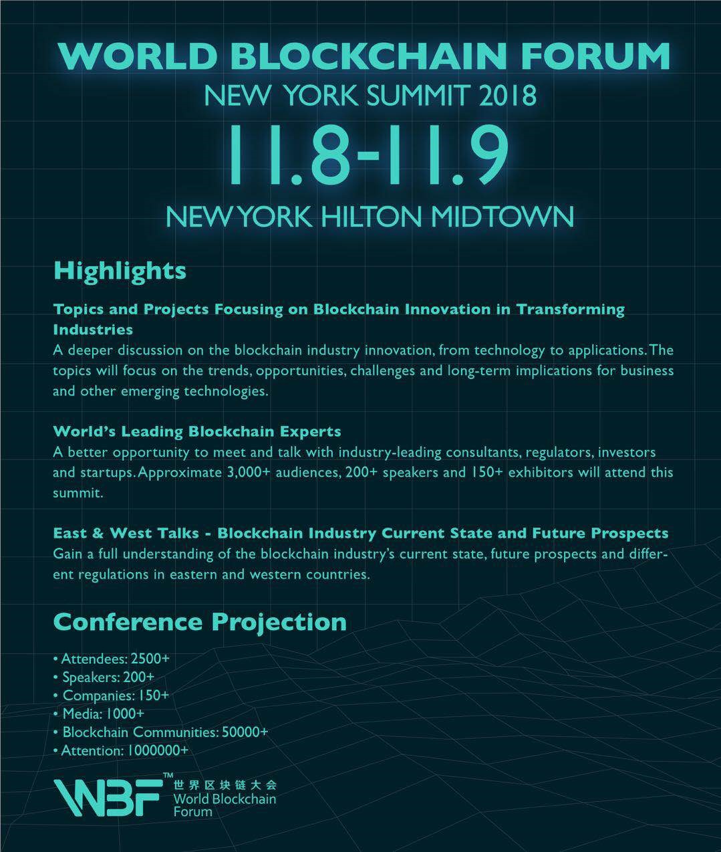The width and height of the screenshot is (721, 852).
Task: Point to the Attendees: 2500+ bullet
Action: point(111,659)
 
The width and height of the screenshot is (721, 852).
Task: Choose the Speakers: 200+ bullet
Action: point(104,677)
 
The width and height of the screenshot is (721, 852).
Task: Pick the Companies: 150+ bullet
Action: point(111,696)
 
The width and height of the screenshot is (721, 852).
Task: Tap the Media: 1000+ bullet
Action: point(99,714)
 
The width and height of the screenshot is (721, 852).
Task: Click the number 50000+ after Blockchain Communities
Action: point(245,732)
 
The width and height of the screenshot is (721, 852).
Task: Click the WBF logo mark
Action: point(106,798)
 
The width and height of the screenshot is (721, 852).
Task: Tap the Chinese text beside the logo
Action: point(225,784)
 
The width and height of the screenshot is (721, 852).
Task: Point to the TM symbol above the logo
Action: point(168,775)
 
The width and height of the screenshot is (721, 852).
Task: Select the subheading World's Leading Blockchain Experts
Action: point(197,431)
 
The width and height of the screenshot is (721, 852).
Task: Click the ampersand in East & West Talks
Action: point(98,534)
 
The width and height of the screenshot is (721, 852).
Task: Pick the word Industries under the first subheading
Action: point(93,330)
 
